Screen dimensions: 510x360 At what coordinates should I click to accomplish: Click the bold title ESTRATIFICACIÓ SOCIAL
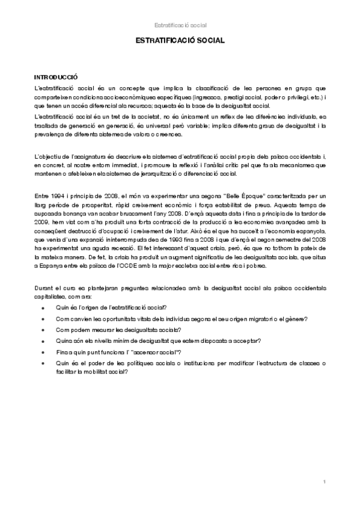click(x=180, y=41)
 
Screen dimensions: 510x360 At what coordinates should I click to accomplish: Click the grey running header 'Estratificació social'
click(x=180, y=25)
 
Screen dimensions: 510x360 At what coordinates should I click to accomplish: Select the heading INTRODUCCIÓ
click(x=56, y=78)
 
